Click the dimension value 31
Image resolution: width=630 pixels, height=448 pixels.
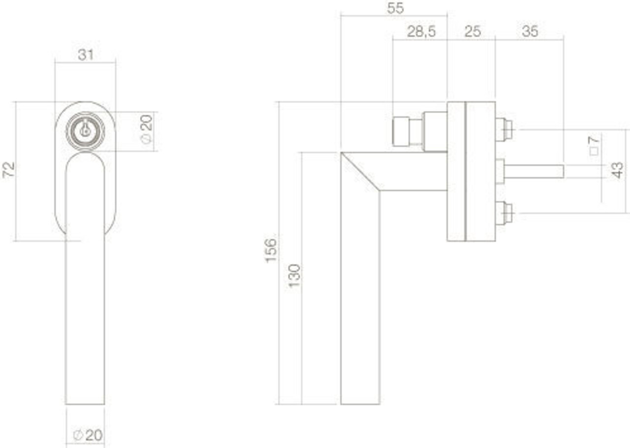tap(86, 55)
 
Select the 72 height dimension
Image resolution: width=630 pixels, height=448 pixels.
tap(9, 170)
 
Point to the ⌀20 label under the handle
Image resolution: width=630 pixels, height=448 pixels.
tap(88, 435)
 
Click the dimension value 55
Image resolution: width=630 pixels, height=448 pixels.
tap(395, 8)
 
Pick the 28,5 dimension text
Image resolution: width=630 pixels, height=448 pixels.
tap(421, 32)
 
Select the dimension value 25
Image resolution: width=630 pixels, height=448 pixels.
tap(472, 32)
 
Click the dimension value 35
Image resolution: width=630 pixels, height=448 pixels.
tap(530, 32)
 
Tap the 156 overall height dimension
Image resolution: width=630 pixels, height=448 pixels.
tap(272, 250)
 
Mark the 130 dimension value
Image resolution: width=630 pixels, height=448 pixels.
tap(294, 276)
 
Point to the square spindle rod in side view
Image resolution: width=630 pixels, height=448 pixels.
tap(534, 171)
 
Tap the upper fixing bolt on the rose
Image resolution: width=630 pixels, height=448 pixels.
tap(504, 129)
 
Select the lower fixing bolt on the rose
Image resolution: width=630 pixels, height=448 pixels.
tap(504, 213)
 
